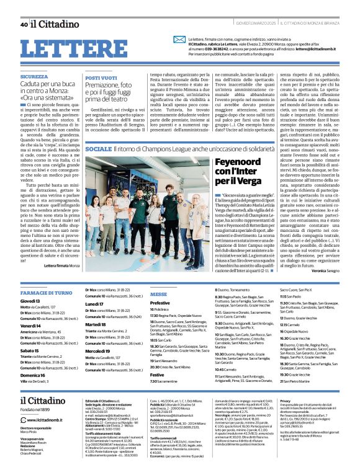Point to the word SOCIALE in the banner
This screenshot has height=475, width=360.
pyautogui.click(x=99, y=150)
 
